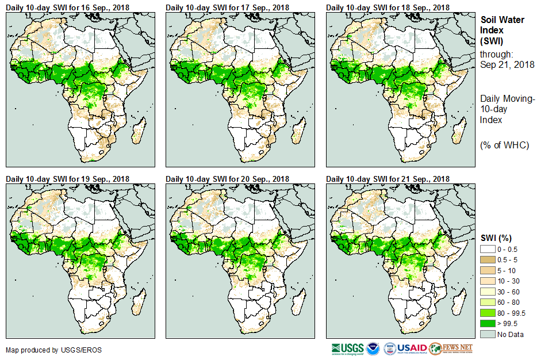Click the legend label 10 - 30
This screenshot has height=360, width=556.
(509, 281)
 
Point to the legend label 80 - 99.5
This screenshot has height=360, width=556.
(512, 313)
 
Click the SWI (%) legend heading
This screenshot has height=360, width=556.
(496, 238)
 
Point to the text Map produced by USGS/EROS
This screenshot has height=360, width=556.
(46, 350)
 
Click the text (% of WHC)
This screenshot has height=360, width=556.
(504, 145)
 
